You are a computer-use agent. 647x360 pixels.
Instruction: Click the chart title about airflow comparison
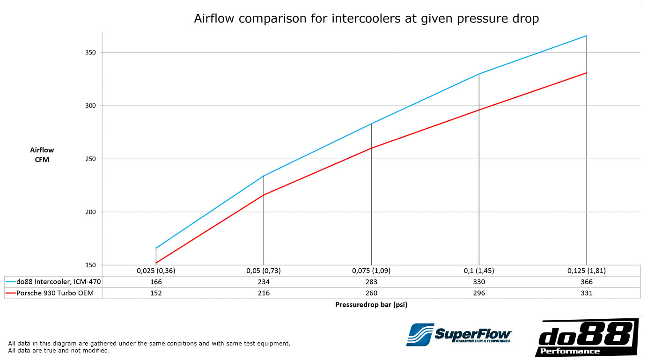[367, 19]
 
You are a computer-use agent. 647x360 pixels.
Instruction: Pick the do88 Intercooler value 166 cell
[156, 282]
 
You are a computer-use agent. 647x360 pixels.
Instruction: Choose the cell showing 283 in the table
[371, 282]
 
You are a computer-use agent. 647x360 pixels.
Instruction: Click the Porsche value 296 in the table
[479, 293]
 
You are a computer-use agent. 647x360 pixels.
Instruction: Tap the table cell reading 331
[587, 293]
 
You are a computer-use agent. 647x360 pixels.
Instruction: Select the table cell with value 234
[264, 282]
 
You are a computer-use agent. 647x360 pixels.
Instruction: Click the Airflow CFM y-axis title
[42, 155]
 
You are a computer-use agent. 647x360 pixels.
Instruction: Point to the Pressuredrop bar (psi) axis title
[371, 304]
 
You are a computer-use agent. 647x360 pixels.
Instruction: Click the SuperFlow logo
[459, 335]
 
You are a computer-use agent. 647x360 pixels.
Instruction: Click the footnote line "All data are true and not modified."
[59, 350]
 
